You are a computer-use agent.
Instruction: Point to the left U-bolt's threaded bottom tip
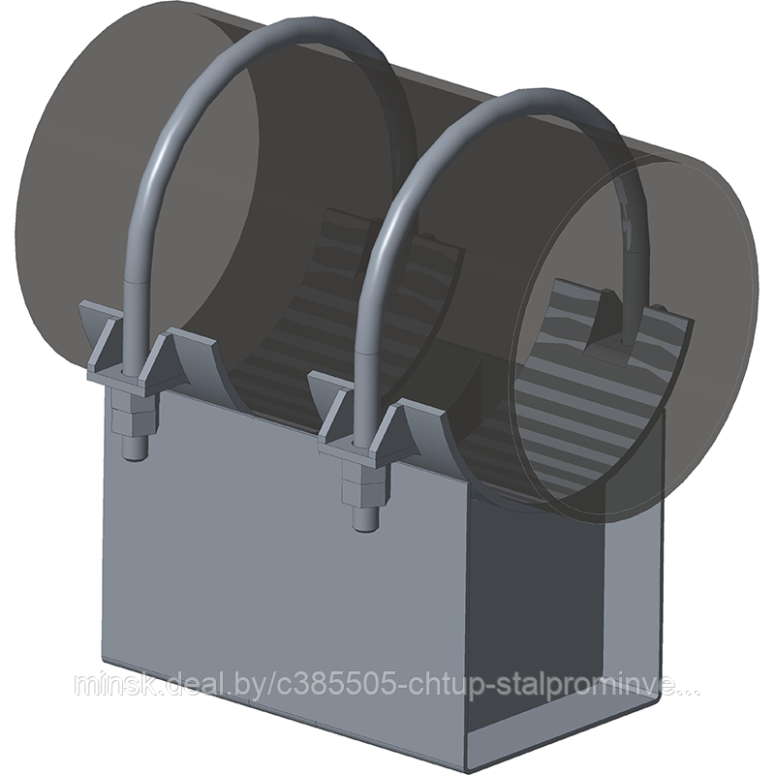(135, 453)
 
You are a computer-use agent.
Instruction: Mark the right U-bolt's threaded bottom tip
(366, 525)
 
